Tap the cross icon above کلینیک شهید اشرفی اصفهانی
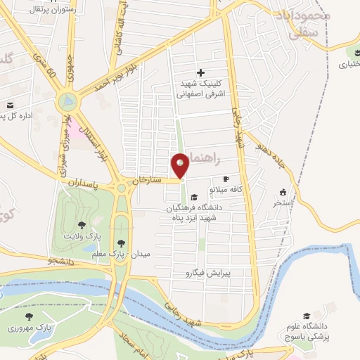[x=200, y=72]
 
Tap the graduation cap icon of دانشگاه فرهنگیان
[x=193, y=197]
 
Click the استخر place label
[x=283, y=203]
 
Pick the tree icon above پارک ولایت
[x=82, y=225]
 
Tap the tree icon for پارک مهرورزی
[x=29, y=317]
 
